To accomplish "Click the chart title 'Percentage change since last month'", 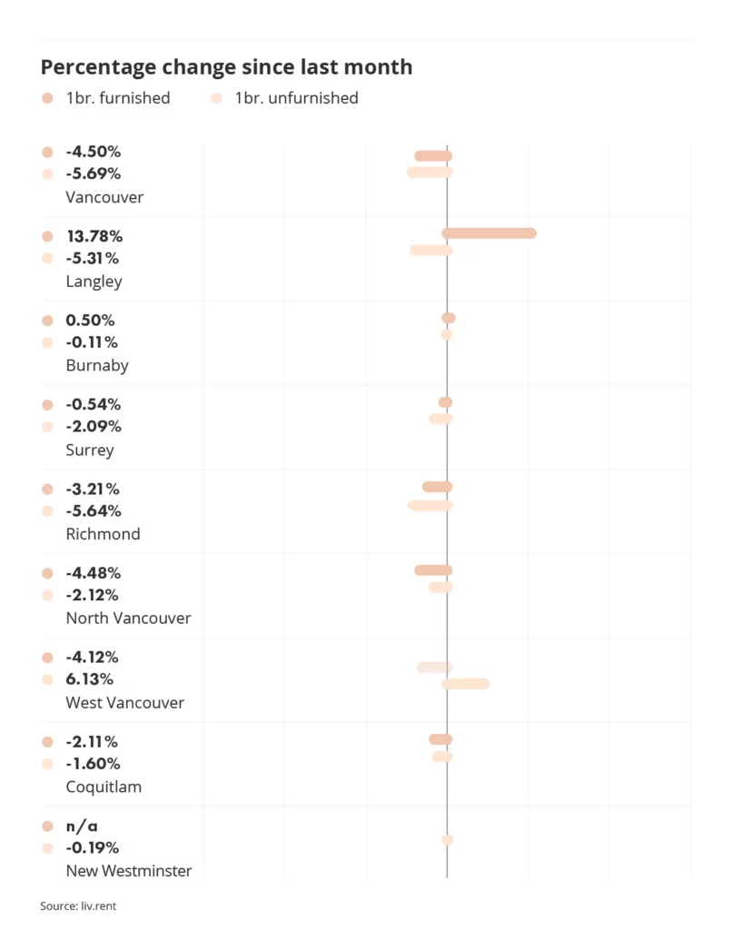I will pyautogui.click(x=226, y=67).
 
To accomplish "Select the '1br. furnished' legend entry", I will pyautogui.click(x=117, y=98).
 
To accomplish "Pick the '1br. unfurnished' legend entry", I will pyautogui.click(x=296, y=98).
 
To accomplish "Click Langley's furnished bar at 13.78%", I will pyautogui.click(x=489, y=233).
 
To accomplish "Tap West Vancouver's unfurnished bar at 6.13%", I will pyautogui.click(x=466, y=683).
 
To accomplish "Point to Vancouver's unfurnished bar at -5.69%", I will pyautogui.click(x=430, y=173).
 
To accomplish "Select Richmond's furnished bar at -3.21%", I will pyautogui.click(x=437, y=487).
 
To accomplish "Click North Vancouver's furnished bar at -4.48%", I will pyautogui.click(x=433, y=570).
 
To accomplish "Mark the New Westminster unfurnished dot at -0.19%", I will pyautogui.click(x=447, y=840).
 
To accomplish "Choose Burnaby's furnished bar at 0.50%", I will pyautogui.click(x=449, y=318).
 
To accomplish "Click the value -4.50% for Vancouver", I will pyautogui.click(x=93, y=152).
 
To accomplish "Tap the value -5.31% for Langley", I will pyautogui.click(x=93, y=258).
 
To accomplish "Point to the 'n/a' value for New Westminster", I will pyautogui.click(x=82, y=826).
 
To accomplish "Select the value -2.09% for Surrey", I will pyautogui.click(x=93, y=426).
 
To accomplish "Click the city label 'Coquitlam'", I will pyautogui.click(x=104, y=787).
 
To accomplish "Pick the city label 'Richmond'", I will pyautogui.click(x=103, y=534).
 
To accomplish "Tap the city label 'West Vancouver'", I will pyautogui.click(x=124, y=703).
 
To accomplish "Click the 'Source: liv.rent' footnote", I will pyautogui.click(x=78, y=905).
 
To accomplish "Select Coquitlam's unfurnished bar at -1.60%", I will pyautogui.click(x=442, y=757).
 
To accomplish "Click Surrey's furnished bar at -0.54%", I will pyautogui.click(x=445, y=402).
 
